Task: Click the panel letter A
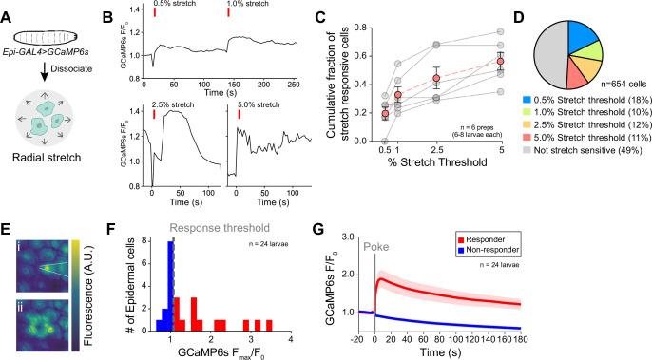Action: point(7,9)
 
